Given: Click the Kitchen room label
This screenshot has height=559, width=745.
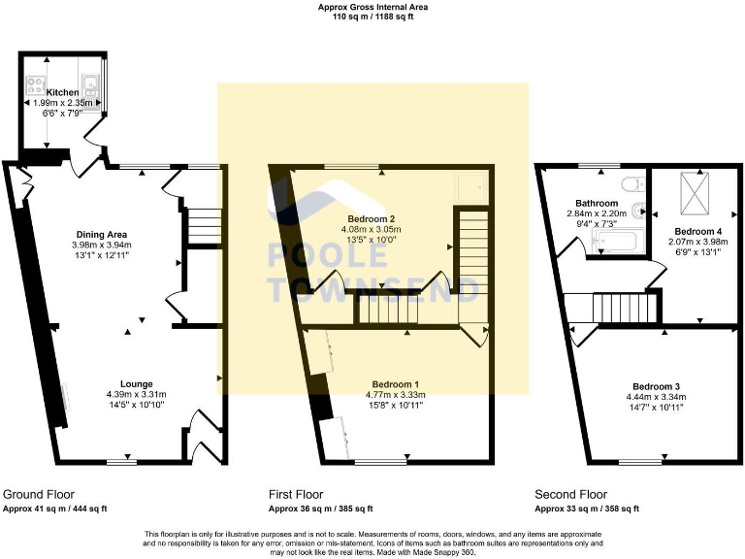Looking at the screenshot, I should [63, 92].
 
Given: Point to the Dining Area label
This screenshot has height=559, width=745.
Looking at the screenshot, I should [102, 234].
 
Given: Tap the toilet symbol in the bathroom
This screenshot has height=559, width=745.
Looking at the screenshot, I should [631, 183].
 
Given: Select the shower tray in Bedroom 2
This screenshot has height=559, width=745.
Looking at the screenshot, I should [471, 185].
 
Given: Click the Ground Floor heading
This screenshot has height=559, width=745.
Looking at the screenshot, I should [39, 494].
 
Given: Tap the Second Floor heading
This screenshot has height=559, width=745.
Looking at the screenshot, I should [572, 494].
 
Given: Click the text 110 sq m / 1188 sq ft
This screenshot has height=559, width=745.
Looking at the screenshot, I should [372, 16].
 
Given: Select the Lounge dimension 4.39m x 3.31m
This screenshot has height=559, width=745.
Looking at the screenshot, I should [136, 395].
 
